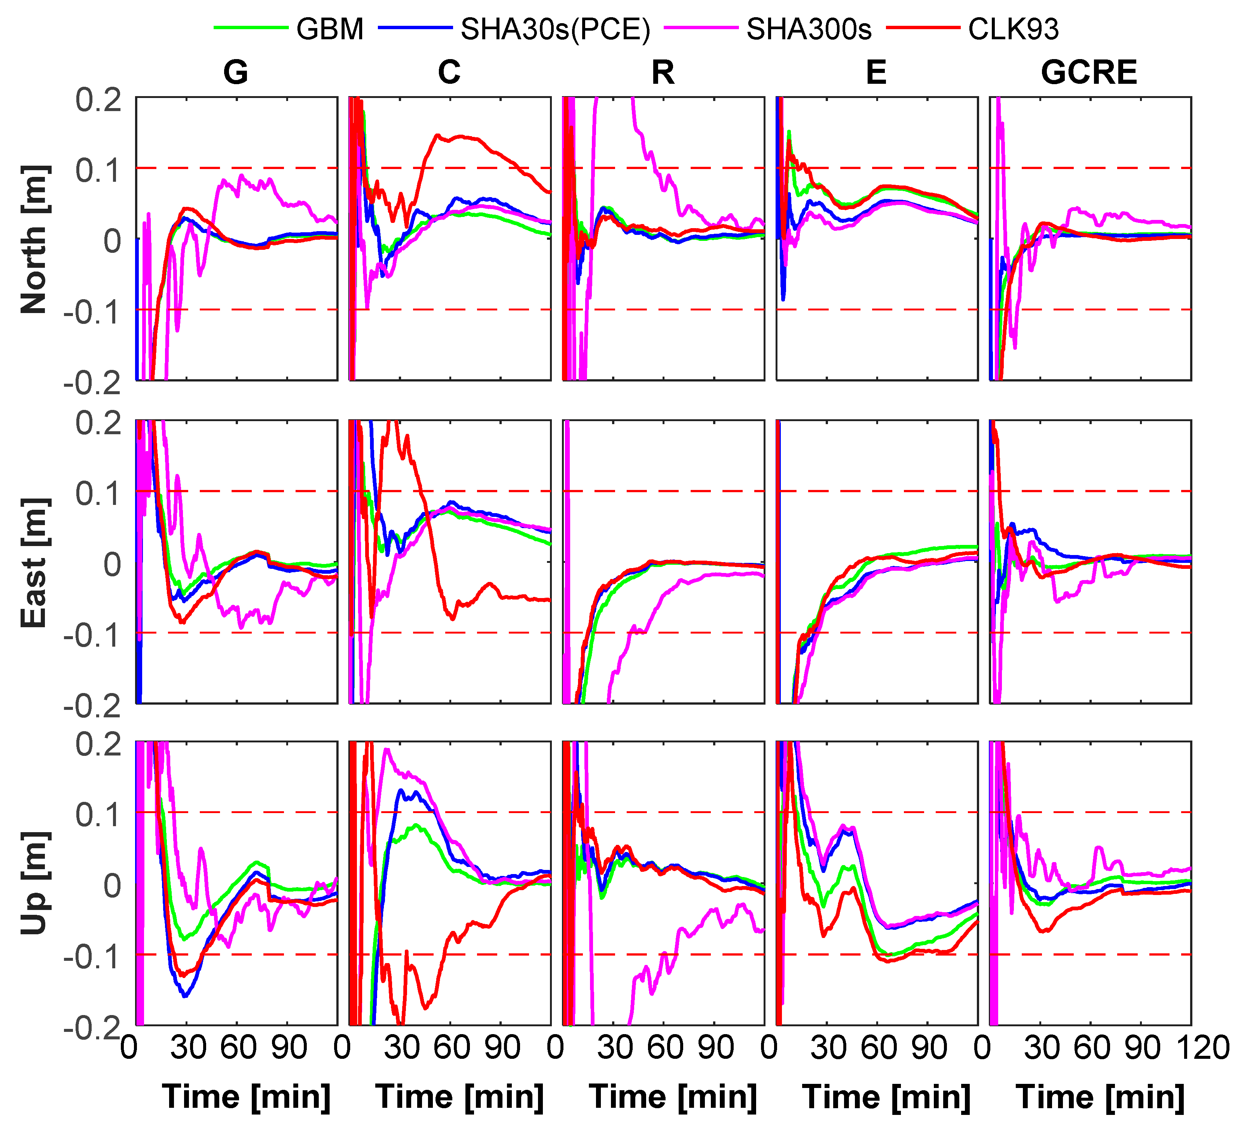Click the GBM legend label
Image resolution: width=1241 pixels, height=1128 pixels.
[x=330, y=29]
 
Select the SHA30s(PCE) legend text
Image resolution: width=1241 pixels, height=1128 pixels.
[x=555, y=29]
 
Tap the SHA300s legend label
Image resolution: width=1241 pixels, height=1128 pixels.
[x=809, y=29]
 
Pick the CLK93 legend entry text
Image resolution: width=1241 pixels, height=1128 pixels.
[x=1013, y=29]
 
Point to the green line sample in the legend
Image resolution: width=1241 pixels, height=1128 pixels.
[x=251, y=28]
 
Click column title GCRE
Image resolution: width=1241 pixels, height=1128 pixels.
[x=1089, y=73]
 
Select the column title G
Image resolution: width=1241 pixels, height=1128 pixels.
[x=236, y=73]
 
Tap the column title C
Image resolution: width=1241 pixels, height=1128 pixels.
[x=449, y=73]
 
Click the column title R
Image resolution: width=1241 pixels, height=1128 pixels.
[x=663, y=73]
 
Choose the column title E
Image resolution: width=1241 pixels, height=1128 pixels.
[x=876, y=73]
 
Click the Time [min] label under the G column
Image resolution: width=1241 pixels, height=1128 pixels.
[x=246, y=1097]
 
